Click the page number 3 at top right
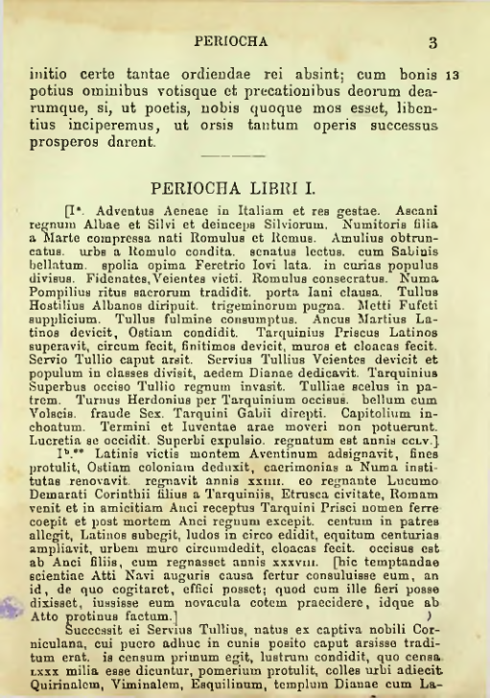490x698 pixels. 432,41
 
